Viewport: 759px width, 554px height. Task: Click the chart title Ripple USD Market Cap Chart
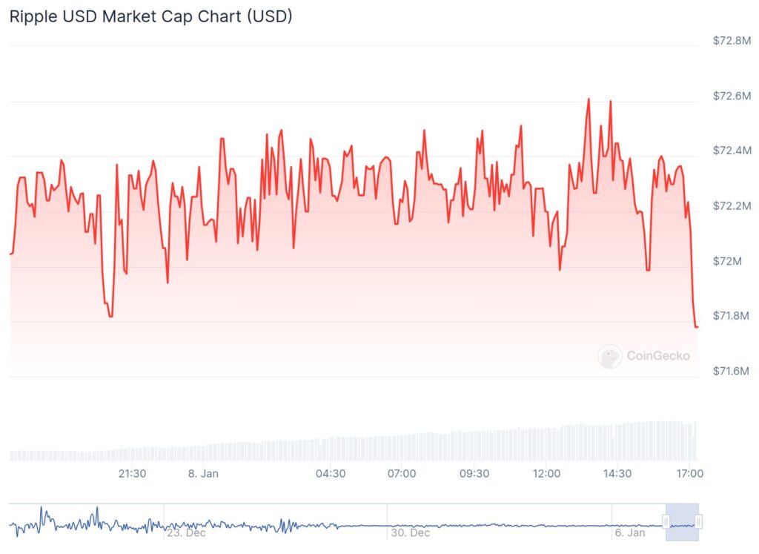150,16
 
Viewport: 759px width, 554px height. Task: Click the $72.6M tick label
731,96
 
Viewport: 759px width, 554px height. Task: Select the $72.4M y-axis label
731,151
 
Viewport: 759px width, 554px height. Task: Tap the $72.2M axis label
731,205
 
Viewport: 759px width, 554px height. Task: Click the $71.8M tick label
731,316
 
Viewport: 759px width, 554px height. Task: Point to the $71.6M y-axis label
731,371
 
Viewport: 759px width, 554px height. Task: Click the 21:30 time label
132,473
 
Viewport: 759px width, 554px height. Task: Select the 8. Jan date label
203,473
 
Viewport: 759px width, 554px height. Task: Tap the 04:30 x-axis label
331,473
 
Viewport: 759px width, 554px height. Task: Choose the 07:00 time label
401,473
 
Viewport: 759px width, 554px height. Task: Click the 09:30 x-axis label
474,473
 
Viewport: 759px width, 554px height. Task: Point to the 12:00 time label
546,473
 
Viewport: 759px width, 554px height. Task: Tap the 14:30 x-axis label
617,473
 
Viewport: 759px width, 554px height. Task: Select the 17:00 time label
689,473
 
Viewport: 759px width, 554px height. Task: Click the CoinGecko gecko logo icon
610,356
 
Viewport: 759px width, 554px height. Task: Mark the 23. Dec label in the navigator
186,532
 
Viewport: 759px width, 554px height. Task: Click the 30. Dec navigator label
410,532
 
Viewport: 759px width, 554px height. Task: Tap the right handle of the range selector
697,523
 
